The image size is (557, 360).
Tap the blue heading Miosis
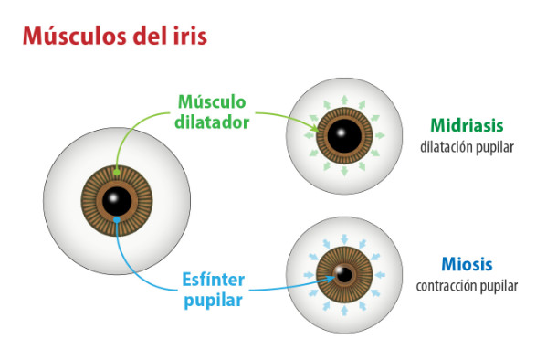point(466,265)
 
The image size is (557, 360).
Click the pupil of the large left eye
point(116,201)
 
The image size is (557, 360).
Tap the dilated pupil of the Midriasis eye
point(342,138)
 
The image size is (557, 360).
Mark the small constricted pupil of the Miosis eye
point(342,273)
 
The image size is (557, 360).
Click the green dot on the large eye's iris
point(116,171)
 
